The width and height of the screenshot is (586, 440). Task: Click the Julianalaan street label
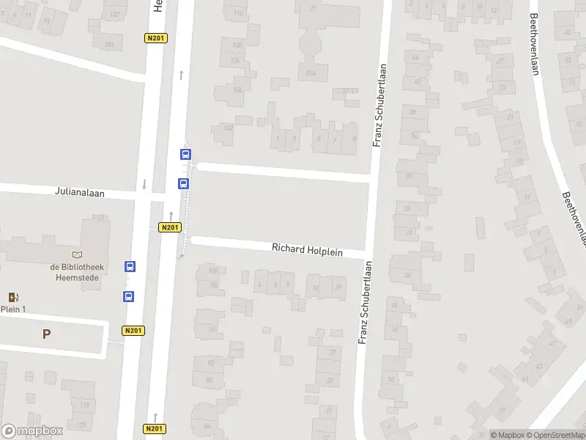click(80, 192)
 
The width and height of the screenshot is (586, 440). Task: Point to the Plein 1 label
click(12, 309)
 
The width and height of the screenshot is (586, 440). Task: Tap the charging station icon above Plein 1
click(12, 296)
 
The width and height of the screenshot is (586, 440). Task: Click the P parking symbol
click(46, 334)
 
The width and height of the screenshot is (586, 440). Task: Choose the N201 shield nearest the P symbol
click(133, 330)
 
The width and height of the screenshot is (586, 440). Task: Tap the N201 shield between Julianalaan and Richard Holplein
click(169, 227)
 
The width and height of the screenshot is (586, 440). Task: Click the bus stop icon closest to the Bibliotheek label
click(130, 266)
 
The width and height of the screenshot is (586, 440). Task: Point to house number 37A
click(311, 73)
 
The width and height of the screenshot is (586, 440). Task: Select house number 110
click(237, 13)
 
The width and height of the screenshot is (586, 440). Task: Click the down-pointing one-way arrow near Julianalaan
click(144, 184)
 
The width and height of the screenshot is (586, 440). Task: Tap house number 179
click(85, 405)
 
